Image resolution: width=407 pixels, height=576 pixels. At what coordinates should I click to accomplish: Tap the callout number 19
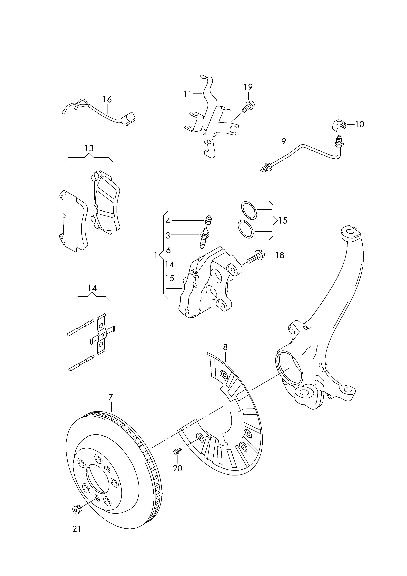(x=248, y=87)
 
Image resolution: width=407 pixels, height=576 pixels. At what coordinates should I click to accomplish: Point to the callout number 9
(x=284, y=142)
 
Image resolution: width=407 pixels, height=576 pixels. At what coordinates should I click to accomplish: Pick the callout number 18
(x=280, y=255)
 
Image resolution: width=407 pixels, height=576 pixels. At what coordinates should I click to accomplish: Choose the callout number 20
(x=178, y=468)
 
